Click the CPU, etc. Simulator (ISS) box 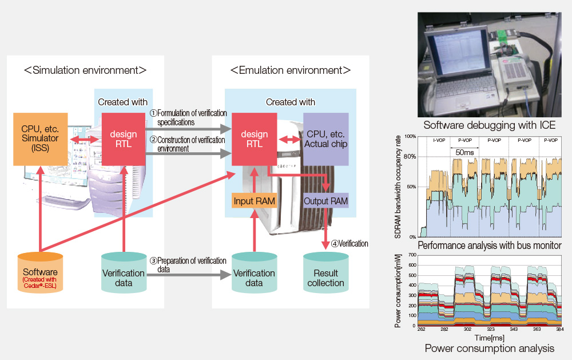41,139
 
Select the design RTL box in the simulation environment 124,139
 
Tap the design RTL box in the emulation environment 255,139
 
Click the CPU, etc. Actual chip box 326,139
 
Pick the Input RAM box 255,201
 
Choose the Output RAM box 326,201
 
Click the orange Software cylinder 41,272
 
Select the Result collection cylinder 326,273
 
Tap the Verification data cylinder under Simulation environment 124,273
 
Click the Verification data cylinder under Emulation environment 255,273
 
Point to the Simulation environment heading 85,70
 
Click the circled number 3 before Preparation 153,260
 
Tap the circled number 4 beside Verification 335,244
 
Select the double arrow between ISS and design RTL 85,140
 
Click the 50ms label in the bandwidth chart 464,152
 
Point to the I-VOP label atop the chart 439,140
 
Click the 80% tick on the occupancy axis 410,157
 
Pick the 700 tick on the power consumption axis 412,255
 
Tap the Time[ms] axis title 489,338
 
